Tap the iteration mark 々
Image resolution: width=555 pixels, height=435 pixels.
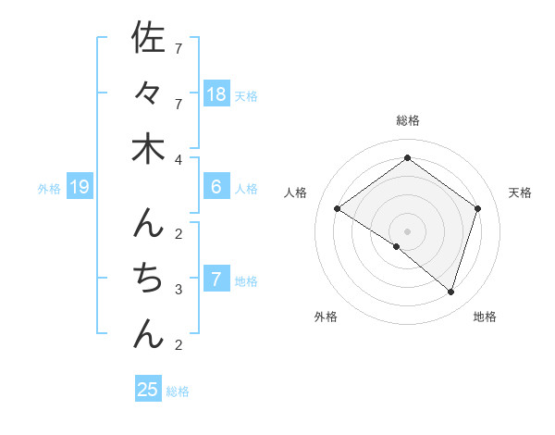click(148, 93)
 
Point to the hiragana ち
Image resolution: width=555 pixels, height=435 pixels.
click(148, 278)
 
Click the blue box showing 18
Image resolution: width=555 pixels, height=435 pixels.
click(216, 93)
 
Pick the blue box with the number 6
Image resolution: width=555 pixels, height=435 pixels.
click(216, 187)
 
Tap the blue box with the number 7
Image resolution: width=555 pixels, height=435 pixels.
click(216, 280)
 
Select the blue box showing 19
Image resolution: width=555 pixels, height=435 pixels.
click(80, 188)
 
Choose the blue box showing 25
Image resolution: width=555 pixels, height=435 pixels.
click(148, 389)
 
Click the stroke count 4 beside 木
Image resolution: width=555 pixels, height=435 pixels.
click(179, 159)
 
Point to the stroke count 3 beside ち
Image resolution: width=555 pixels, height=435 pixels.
click(179, 290)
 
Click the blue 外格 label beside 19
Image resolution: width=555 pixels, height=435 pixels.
click(49, 189)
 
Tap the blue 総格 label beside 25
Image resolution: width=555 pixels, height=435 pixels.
click(178, 391)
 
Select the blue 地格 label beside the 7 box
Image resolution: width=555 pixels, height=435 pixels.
click(246, 280)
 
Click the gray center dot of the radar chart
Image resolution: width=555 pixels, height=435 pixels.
click(407, 230)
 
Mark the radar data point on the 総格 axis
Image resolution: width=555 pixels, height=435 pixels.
click(407, 157)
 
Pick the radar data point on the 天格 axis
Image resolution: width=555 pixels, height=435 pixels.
click(477, 208)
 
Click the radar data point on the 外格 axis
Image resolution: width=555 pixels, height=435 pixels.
click(397, 246)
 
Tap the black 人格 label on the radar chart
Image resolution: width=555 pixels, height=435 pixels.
click(296, 193)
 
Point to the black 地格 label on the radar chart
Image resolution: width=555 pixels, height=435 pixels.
click(485, 317)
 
